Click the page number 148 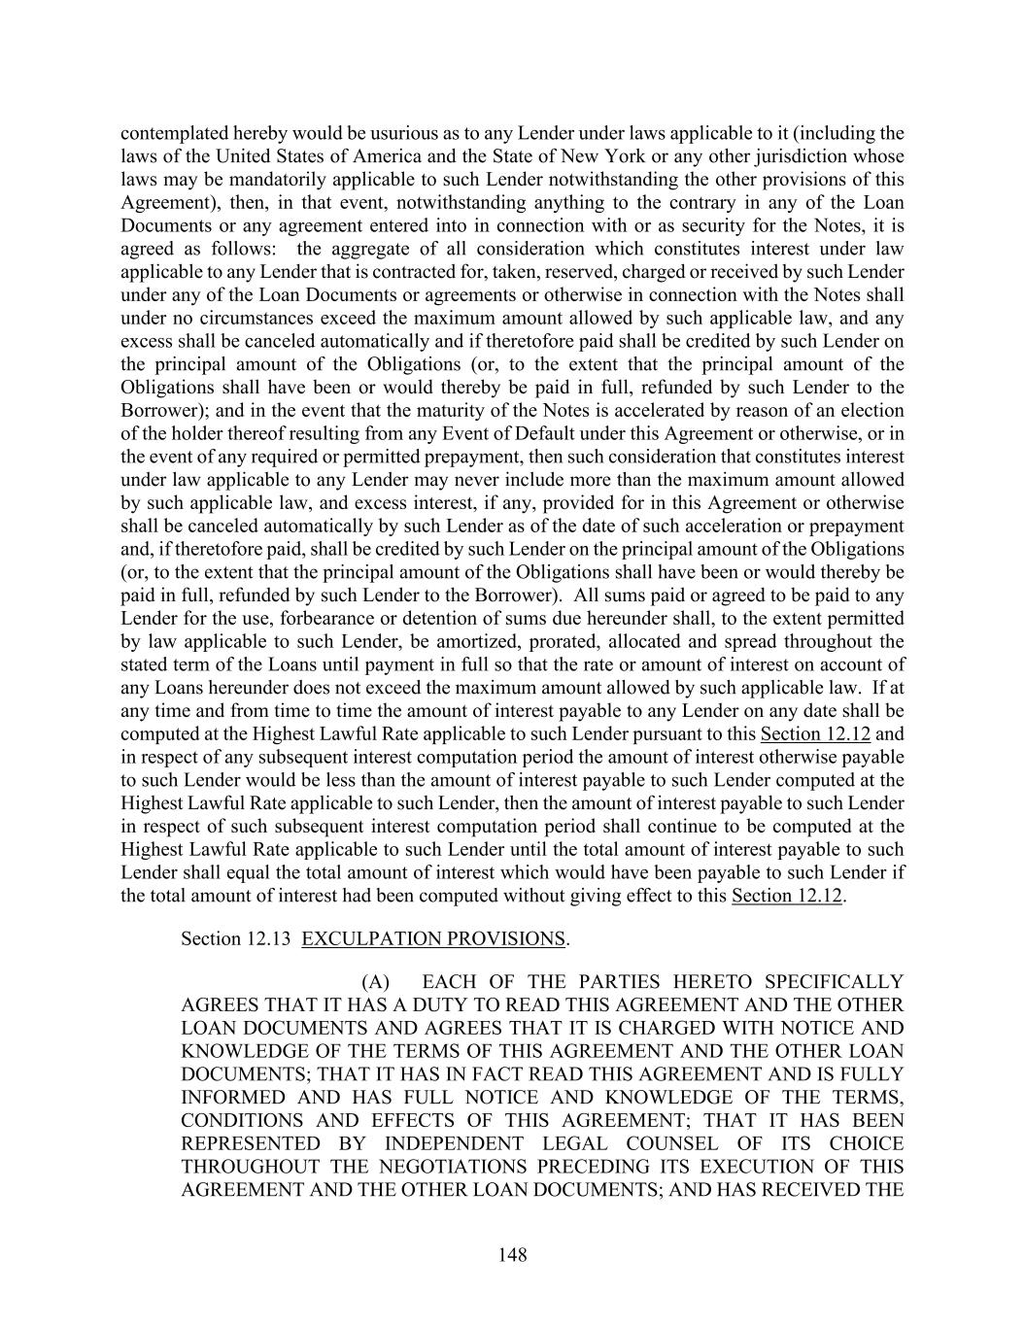coord(512,1254)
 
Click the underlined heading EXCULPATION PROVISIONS coord(433,938)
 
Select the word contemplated coord(168,133)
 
